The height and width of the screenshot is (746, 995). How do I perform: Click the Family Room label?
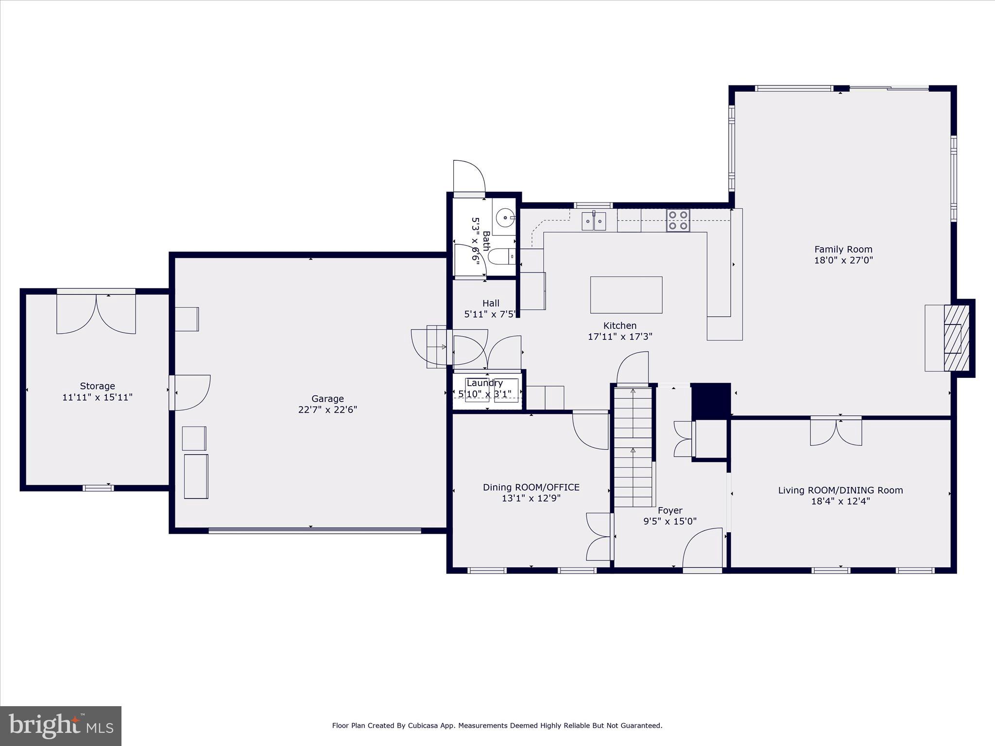click(843, 250)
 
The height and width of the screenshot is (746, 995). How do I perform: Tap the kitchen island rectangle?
click(626, 295)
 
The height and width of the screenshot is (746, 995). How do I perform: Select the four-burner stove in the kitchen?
click(678, 220)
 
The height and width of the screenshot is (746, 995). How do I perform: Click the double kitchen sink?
click(594, 221)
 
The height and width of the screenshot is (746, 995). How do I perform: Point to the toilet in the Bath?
click(500, 256)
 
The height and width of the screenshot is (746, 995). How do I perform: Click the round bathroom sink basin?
click(506, 218)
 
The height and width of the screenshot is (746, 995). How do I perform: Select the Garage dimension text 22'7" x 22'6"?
click(327, 410)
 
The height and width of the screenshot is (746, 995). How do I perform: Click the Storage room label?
click(97, 386)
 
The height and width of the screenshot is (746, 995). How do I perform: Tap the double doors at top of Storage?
click(96, 313)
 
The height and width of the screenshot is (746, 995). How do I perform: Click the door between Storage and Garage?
click(190, 392)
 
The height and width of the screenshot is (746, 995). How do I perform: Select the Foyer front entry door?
click(703, 549)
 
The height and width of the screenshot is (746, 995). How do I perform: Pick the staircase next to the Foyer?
click(633, 447)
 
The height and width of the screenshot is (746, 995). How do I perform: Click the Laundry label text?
click(484, 383)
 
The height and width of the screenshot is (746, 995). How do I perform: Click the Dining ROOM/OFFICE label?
click(531, 487)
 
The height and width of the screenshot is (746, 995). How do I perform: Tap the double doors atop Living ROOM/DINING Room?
click(836, 431)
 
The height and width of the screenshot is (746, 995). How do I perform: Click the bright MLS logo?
click(61, 726)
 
